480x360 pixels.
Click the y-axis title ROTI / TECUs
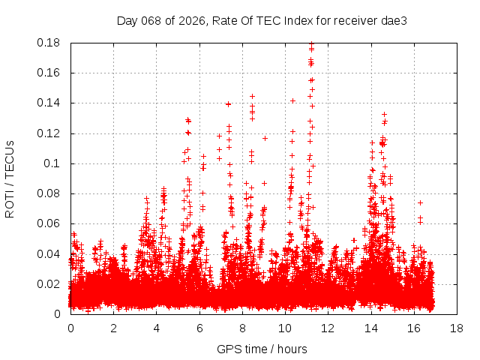pyautogui.click(x=10, y=178)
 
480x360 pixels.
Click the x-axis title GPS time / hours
pyautogui.click(x=262, y=349)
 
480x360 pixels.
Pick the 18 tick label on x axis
pyautogui.click(x=456, y=328)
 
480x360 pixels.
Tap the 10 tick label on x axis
pyautogui.click(x=284, y=328)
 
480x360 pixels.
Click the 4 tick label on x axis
pyautogui.click(x=156, y=328)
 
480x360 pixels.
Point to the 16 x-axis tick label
pyautogui.click(x=413, y=328)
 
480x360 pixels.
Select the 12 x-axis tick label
pyautogui.click(x=328, y=328)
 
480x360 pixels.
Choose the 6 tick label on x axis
pyautogui.click(x=199, y=328)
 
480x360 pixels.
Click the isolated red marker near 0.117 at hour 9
pyautogui.click(x=265, y=138)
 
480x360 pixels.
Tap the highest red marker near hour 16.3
pyautogui.click(x=421, y=202)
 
